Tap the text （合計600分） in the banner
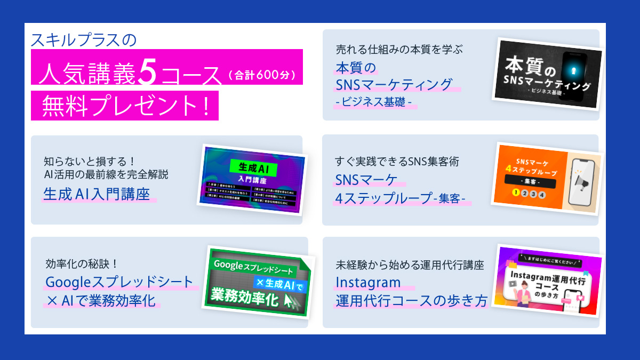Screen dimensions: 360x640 (261, 75)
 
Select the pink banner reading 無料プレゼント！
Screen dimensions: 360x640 (125, 107)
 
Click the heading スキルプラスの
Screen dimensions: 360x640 (84, 41)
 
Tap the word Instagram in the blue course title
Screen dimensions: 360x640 (368, 281)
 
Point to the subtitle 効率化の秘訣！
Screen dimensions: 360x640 (82, 264)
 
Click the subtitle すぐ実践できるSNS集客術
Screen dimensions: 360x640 (397, 161)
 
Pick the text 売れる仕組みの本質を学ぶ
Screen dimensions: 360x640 (398, 50)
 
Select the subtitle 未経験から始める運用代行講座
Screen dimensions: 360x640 (410, 264)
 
